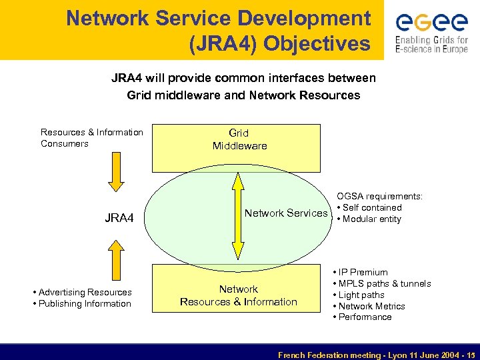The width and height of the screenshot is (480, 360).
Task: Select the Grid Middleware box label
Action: (x=239, y=139)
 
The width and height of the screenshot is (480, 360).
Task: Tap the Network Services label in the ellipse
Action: (x=286, y=213)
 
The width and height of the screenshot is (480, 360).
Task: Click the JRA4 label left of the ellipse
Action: (x=119, y=217)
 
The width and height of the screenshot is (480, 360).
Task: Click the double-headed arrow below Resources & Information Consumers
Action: (x=117, y=175)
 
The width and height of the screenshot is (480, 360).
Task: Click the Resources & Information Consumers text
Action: (x=91, y=138)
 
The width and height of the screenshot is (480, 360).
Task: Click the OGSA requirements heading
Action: (x=379, y=196)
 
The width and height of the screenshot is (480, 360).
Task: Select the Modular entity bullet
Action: (x=371, y=219)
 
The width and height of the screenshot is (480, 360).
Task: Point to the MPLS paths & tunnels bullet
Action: (x=384, y=283)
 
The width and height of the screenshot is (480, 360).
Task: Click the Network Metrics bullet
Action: (x=371, y=306)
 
